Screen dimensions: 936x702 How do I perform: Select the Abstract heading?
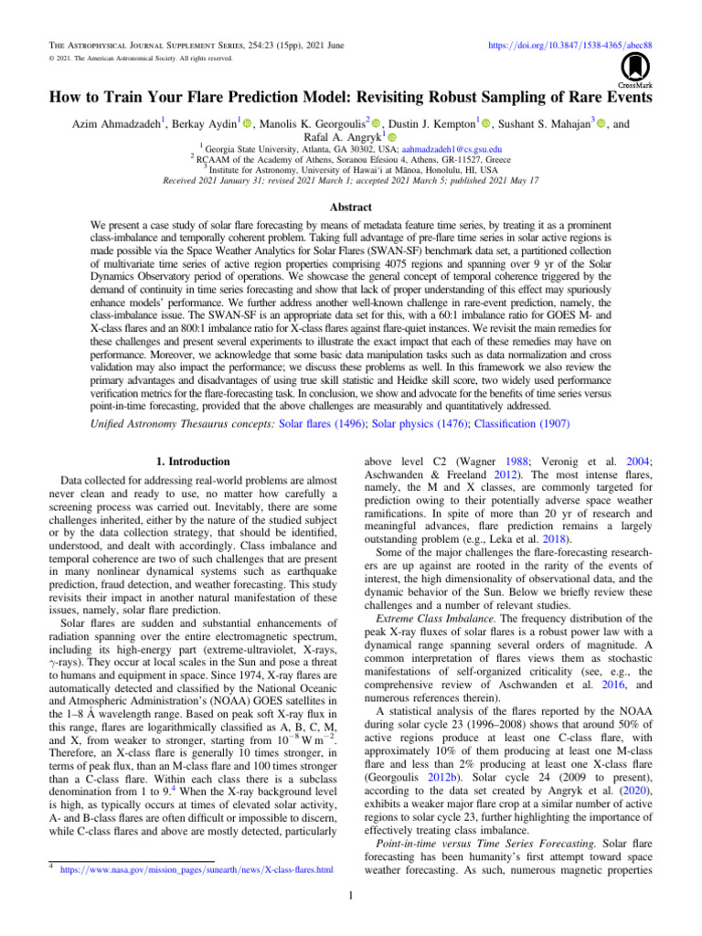pos(350,182)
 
